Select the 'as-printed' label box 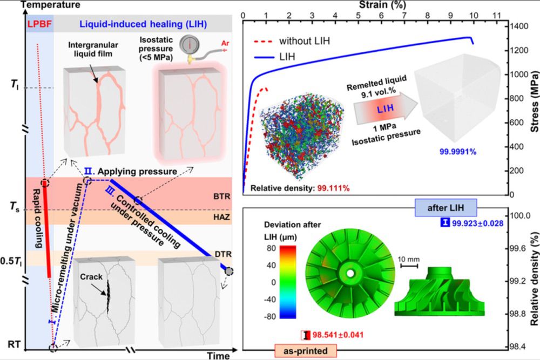(x=305, y=351)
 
